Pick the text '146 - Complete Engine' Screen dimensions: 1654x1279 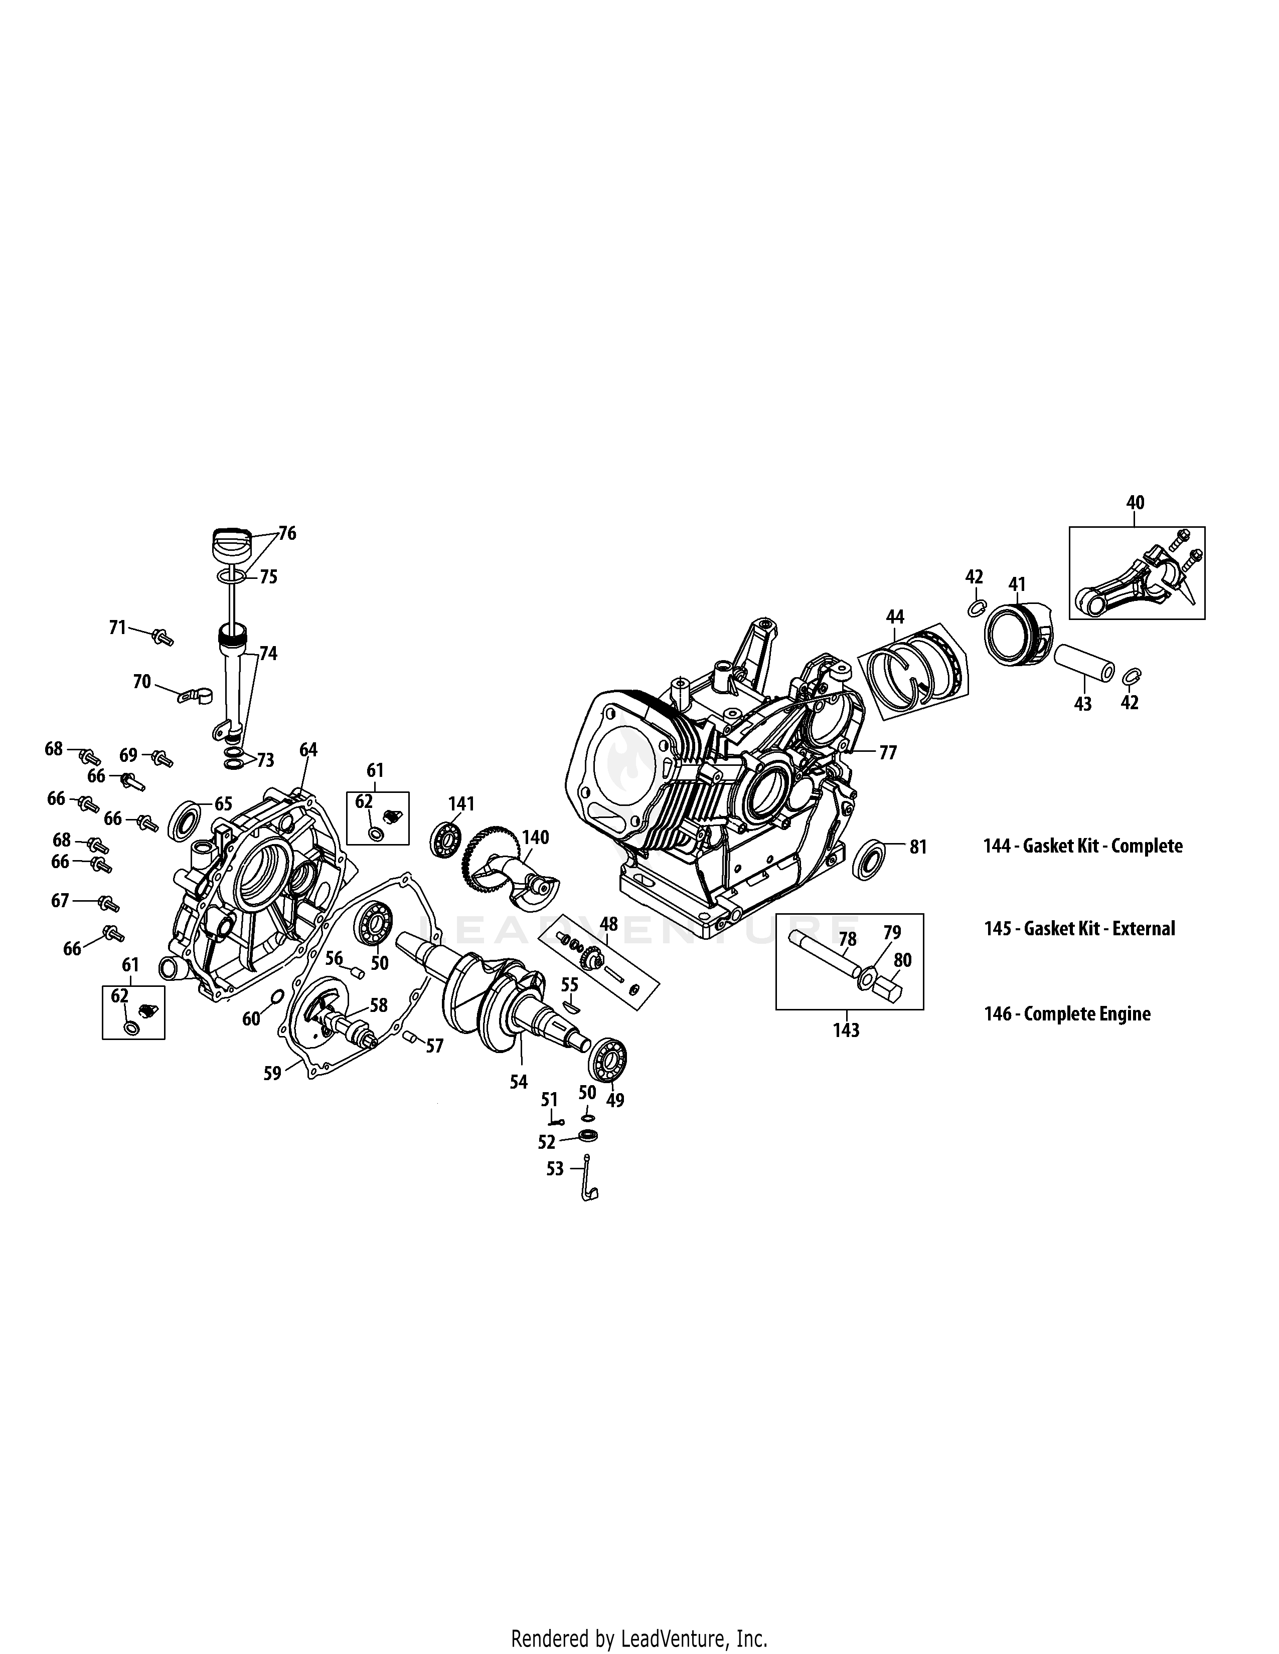[x=1067, y=1014]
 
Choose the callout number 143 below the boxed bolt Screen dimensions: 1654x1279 [x=846, y=1030]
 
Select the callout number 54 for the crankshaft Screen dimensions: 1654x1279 [x=518, y=1082]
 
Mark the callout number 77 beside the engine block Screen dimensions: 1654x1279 [x=887, y=753]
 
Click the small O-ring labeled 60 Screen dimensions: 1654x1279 [x=277, y=995]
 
